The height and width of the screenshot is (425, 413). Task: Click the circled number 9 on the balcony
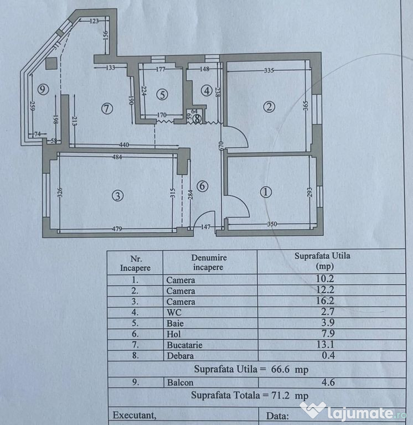coord(43,89)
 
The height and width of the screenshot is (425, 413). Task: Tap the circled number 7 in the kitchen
coord(107,108)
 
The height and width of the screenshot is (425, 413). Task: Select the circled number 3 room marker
coord(118,196)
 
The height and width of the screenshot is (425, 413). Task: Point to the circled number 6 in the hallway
coord(202,186)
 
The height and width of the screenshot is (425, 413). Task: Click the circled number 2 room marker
coord(269,106)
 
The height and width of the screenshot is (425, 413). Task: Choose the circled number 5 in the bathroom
coord(162,95)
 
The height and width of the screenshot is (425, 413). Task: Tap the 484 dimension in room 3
coord(117,157)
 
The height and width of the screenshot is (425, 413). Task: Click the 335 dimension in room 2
coord(269,70)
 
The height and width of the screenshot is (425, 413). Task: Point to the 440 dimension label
coord(124,145)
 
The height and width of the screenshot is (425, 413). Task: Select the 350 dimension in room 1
coord(272,224)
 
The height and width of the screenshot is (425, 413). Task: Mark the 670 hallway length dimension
coord(220,146)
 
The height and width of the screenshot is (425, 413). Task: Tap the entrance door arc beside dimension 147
coord(204,220)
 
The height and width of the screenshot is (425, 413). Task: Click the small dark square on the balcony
coord(51,64)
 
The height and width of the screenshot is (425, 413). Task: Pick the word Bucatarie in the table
coord(184,345)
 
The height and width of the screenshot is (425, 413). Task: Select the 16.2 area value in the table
coord(326,301)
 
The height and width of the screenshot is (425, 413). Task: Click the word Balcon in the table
coord(180,382)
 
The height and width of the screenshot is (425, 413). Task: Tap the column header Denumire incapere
coord(209,262)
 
